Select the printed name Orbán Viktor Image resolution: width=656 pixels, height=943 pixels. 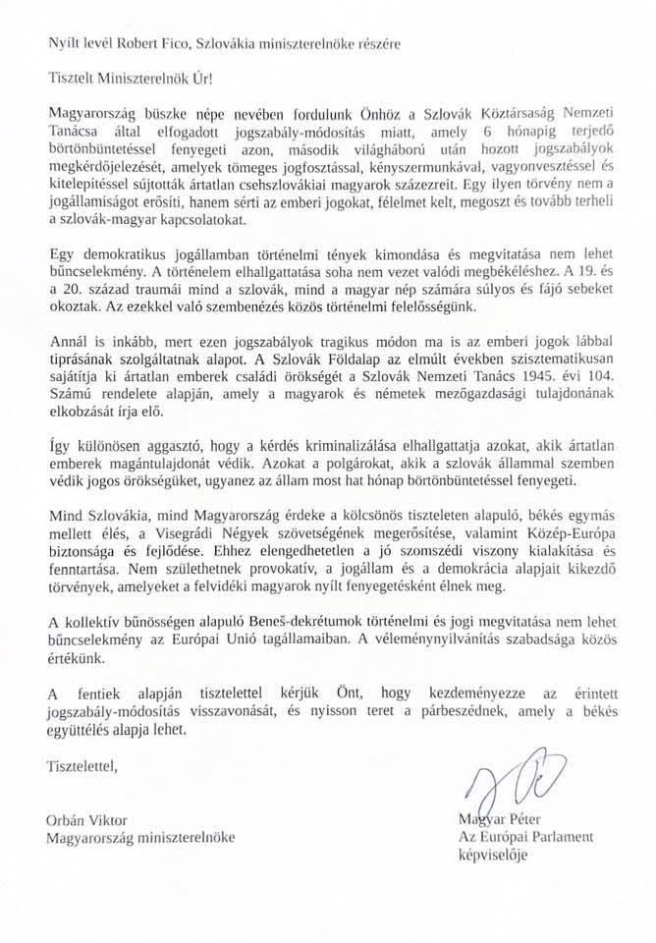tap(91, 819)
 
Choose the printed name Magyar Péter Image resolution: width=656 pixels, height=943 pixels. tap(504, 819)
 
